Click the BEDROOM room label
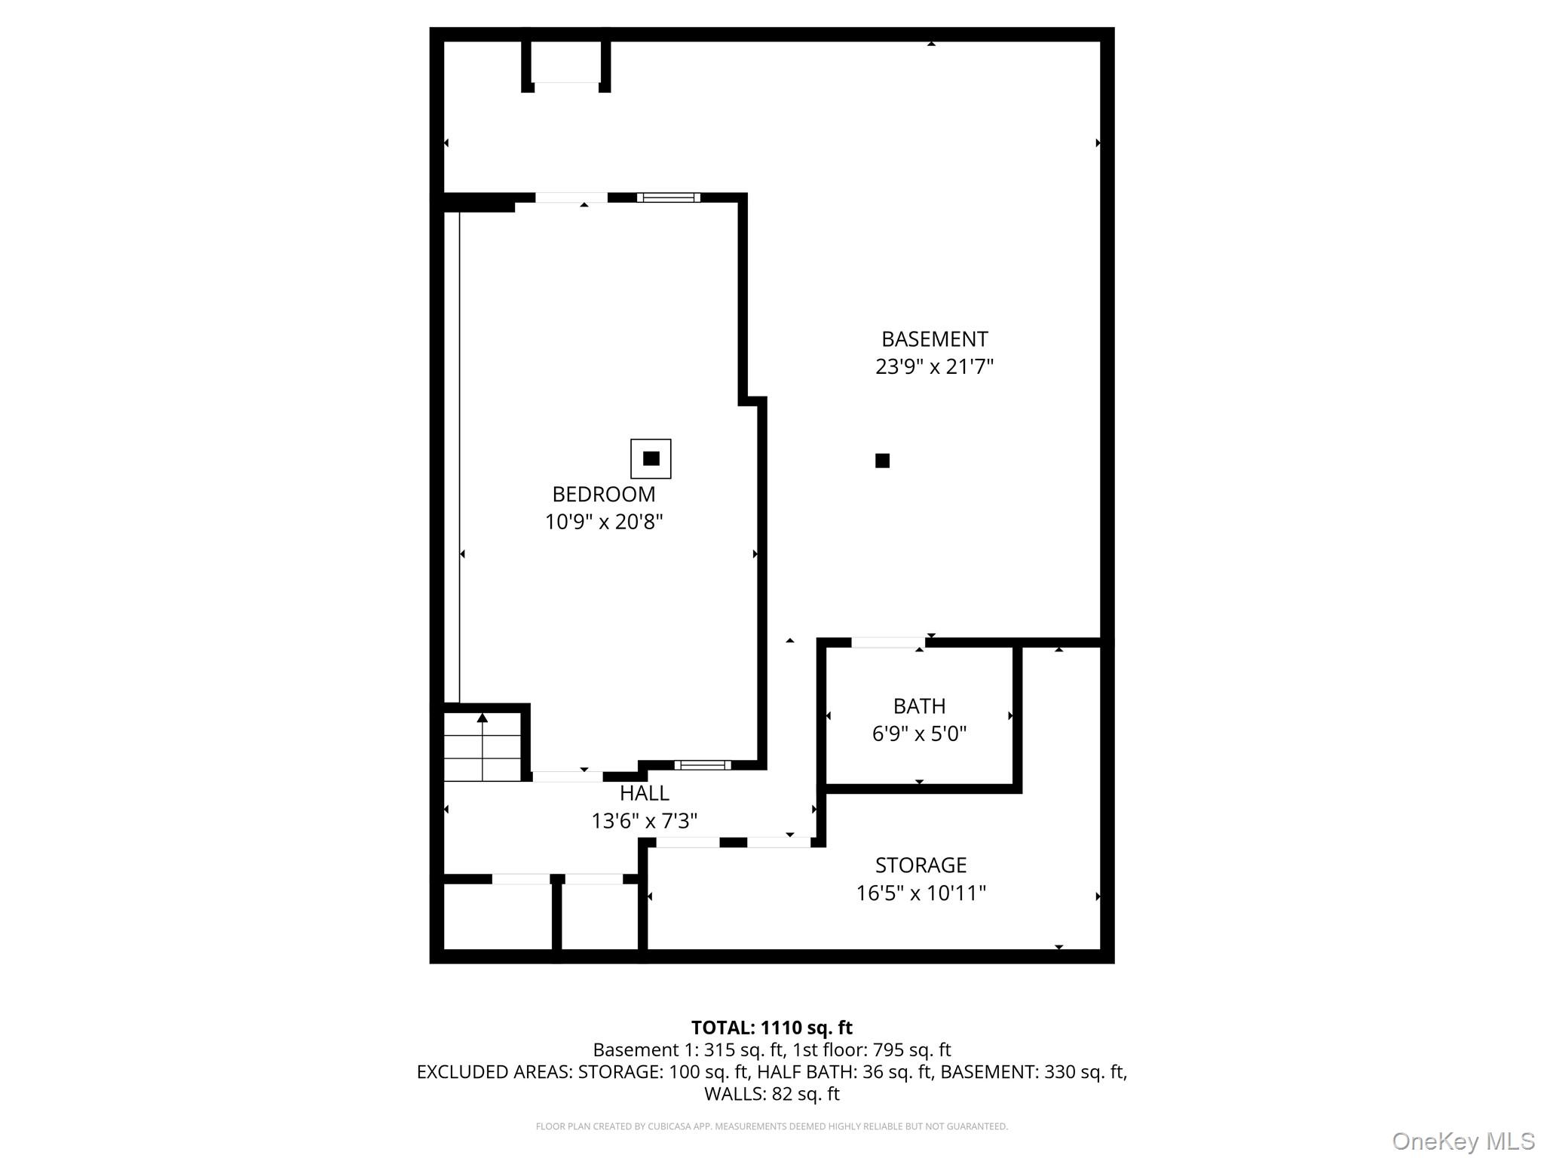point(604,495)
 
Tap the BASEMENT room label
point(934,339)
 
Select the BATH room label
point(919,706)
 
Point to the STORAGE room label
point(921,865)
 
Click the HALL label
point(645,793)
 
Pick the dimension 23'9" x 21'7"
point(934,367)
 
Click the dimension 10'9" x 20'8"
point(604,522)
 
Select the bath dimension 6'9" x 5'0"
point(919,734)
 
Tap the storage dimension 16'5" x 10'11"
point(921,893)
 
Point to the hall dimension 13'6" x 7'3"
point(645,821)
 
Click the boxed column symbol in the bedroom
point(651,458)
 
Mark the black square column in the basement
point(882,461)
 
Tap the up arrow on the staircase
point(482,718)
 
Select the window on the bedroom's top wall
point(668,198)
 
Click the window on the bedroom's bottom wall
point(703,765)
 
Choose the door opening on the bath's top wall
point(888,643)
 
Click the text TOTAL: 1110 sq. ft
point(771,1028)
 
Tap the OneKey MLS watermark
point(1463,1141)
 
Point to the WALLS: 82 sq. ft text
point(771,1094)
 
